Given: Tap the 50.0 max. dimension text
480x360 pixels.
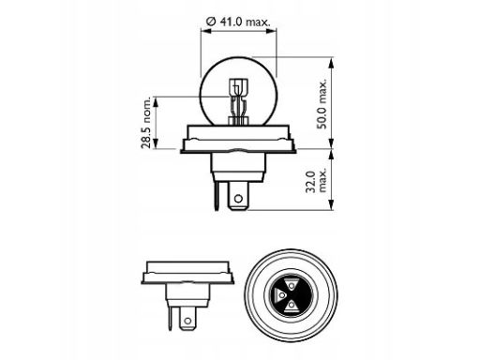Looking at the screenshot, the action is point(322,104).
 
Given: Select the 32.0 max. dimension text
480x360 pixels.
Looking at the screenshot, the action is point(316,181).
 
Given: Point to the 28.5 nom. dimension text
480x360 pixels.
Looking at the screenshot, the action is point(145,123).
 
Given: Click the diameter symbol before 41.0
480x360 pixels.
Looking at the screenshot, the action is point(211,22).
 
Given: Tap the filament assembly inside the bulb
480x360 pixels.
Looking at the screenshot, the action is point(238,101).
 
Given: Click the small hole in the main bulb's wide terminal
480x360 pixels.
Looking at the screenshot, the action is point(238,198).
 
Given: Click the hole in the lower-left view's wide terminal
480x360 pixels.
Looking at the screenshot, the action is point(187,321).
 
